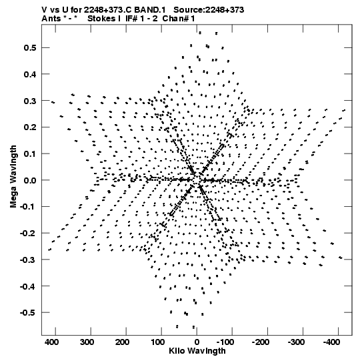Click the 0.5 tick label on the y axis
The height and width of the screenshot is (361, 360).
30,48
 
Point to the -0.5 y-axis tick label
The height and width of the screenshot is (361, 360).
28,313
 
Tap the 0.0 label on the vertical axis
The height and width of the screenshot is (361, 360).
30,180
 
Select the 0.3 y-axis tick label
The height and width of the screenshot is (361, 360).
30,101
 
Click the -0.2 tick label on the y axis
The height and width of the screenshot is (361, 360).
28,234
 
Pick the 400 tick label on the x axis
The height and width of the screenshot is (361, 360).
51,342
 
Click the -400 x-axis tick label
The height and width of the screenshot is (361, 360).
331,342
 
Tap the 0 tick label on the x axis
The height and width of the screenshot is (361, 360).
197,342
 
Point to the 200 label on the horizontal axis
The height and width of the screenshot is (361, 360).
122,342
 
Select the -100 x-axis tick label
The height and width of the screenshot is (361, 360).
225,342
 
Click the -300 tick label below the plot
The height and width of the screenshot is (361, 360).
296,342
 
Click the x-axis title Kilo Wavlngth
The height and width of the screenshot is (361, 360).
197,351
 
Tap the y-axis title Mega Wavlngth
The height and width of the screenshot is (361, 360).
13,177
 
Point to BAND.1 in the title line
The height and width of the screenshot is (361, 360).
150,10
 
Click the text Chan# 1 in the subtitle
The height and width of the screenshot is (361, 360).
179,19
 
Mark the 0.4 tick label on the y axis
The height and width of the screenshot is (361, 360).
30,74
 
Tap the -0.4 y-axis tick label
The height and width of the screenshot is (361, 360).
28,286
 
